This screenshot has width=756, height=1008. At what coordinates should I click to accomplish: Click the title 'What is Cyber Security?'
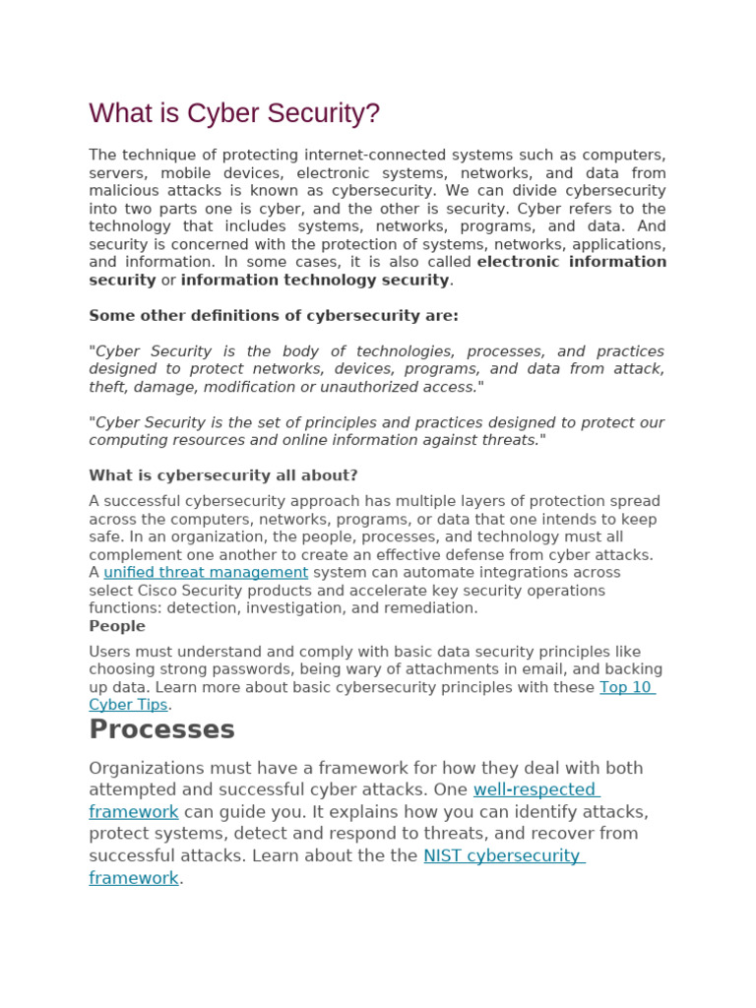click(234, 114)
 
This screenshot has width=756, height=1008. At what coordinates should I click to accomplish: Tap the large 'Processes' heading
click(161, 729)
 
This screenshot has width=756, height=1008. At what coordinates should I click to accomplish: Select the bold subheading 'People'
click(117, 626)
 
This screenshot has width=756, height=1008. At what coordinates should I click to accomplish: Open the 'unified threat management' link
click(206, 573)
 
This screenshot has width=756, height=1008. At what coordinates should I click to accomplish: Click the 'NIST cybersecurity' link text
click(502, 855)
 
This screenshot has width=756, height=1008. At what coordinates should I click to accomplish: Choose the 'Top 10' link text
click(626, 687)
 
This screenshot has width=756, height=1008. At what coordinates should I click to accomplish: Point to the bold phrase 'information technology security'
click(315, 281)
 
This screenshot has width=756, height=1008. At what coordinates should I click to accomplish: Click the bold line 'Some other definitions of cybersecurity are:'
click(274, 316)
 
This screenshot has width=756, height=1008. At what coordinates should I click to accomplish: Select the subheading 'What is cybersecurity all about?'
click(223, 475)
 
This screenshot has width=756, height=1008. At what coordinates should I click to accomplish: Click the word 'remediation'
click(433, 608)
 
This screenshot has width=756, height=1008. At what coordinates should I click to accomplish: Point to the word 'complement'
click(134, 555)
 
